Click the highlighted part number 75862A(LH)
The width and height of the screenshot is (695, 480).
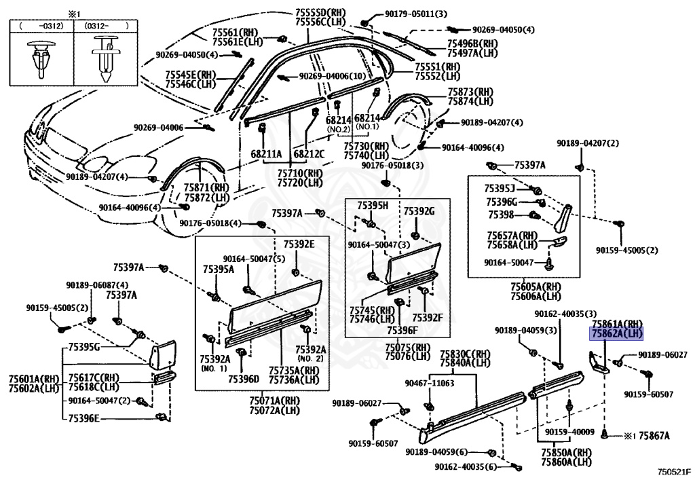(x=616, y=333)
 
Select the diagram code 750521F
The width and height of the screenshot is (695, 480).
(x=674, y=472)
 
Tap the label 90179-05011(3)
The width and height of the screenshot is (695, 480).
(x=416, y=14)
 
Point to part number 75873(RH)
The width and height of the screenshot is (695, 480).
(x=470, y=92)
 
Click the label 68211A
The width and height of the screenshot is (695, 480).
(x=266, y=154)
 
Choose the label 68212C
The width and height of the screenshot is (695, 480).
(x=309, y=154)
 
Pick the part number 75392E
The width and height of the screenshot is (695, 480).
(x=299, y=244)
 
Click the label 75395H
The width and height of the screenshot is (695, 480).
(x=373, y=205)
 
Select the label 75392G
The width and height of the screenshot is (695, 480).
(x=419, y=211)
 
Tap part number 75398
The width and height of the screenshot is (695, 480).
(x=501, y=215)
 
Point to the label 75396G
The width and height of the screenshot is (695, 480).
(x=502, y=202)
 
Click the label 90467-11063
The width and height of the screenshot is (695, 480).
(x=430, y=383)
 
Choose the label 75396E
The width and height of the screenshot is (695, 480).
(x=83, y=418)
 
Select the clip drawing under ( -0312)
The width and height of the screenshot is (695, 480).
(x=41, y=58)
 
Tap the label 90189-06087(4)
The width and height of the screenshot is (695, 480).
(x=97, y=285)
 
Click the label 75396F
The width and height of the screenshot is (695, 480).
(x=402, y=330)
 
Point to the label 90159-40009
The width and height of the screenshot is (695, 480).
(x=569, y=432)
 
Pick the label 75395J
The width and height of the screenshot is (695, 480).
(x=499, y=188)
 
